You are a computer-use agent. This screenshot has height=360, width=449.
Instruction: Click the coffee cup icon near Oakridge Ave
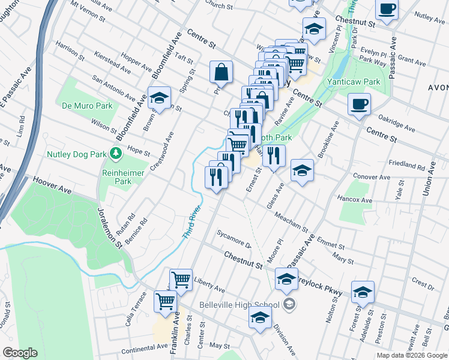tap(359, 104)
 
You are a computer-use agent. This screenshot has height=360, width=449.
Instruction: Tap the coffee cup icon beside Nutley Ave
tap(387, 10)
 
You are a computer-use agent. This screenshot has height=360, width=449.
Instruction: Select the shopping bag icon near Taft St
tap(221, 72)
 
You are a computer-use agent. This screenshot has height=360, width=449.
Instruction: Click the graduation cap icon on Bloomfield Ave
tap(159, 98)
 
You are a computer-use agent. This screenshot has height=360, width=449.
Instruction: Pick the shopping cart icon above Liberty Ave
tap(181, 279)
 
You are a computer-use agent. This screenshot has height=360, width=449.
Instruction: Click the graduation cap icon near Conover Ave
tap(302, 170)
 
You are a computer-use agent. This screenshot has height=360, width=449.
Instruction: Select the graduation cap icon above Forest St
tap(363, 292)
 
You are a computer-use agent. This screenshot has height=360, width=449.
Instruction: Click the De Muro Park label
tap(87, 106)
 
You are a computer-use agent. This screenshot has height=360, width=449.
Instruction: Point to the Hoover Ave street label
tap(52, 184)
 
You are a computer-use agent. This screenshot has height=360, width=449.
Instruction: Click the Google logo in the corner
tap(19, 353)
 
